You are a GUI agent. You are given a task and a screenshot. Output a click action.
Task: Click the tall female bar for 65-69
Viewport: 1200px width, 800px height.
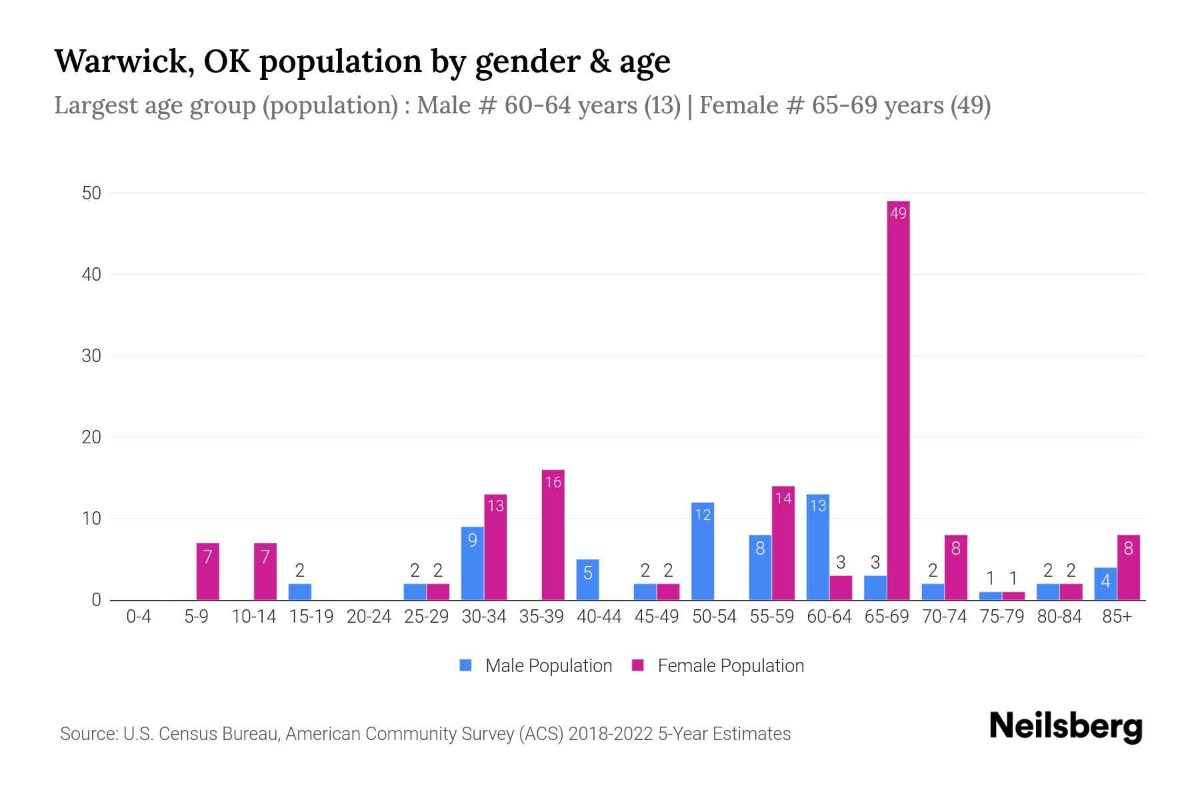[x=898, y=400]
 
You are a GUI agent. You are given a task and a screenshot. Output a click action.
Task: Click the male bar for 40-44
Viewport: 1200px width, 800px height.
[x=587, y=580]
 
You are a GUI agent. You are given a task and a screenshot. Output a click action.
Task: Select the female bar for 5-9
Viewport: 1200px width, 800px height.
[x=207, y=572]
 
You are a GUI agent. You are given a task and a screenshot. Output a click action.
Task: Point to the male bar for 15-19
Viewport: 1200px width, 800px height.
[x=299, y=592]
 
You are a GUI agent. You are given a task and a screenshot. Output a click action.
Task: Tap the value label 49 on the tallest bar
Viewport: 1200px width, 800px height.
[x=898, y=213]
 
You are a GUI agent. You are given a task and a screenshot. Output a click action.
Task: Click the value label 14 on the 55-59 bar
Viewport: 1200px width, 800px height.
[x=783, y=498]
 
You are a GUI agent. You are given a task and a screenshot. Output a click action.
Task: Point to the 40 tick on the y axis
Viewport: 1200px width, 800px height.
[x=91, y=275]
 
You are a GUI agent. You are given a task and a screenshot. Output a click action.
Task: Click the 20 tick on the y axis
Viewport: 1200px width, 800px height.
[x=91, y=437]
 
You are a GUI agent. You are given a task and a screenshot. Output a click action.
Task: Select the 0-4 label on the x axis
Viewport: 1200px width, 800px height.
[x=139, y=617]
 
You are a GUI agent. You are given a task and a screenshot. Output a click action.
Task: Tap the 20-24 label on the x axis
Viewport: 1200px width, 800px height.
[x=369, y=617]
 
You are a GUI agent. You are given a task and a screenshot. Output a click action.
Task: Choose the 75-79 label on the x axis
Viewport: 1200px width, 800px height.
[x=1001, y=617]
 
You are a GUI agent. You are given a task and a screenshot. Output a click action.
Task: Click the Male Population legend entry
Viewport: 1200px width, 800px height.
[x=536, y=665]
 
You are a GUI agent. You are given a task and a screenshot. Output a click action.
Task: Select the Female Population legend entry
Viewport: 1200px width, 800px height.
[x=719, y=665]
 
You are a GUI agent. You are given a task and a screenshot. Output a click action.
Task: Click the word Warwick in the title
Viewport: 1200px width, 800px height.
[x=124, y=61]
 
